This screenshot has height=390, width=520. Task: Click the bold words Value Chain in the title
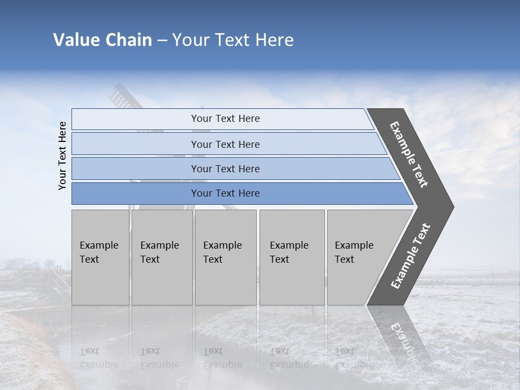(102, 40)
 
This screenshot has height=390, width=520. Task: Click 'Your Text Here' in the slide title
(233, 40)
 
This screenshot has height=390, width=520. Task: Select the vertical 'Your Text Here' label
(62, 155)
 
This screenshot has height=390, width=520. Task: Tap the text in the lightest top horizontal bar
(225, 119)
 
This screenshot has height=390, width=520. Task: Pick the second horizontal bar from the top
(225, 144)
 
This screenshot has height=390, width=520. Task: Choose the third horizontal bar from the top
(225, 168)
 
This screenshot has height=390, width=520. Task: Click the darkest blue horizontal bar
(225, 193)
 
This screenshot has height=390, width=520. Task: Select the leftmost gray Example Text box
(100, 257)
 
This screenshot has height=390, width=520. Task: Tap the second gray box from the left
(161, 257)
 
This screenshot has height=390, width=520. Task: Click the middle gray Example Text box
(225, 257)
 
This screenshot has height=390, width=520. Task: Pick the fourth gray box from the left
(291, 257)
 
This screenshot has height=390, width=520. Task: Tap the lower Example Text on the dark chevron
(410, 256)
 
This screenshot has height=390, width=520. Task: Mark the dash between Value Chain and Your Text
(162, 40)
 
